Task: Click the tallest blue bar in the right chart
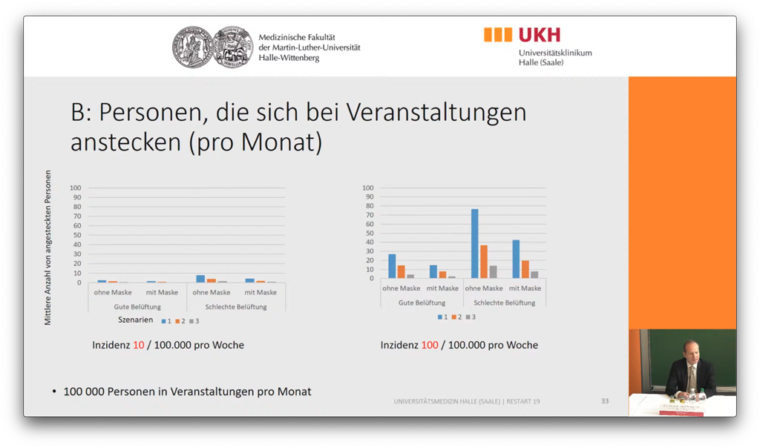(474, 243)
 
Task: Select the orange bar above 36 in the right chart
(484, 261)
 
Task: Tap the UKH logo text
(540, 34)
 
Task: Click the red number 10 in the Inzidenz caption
(139, 345)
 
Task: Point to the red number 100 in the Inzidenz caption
(430, 345)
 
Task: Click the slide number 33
(605, 401)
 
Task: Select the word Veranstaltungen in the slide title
(436, 112)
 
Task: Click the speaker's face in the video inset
(691, 351)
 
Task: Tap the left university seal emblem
(193, 47)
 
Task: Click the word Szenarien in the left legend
(135, 320)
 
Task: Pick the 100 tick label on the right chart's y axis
(368, 188)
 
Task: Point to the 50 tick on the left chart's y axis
(76, 235)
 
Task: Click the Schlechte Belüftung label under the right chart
(504, 303)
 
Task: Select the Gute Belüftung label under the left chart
(137, 306)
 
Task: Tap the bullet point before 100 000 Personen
(54, 392)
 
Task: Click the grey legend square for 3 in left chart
(191, 321)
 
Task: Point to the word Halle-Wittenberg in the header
(289, 58)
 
